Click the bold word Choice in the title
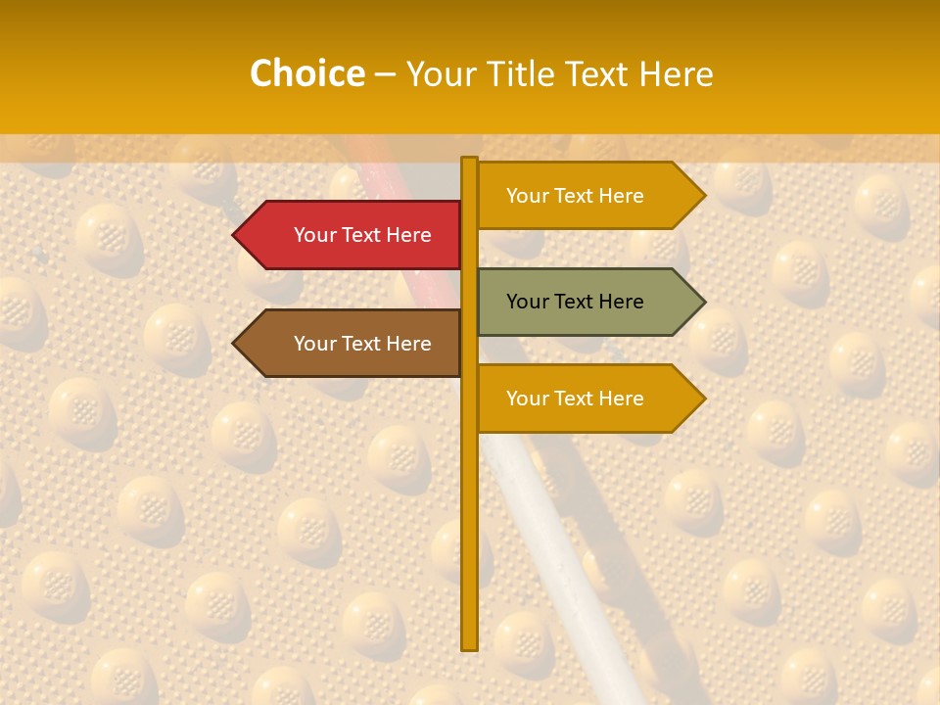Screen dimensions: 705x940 (306, 73)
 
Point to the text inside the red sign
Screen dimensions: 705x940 (362, 235)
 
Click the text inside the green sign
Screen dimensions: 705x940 (575, 302)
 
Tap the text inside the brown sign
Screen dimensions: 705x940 (362, 344)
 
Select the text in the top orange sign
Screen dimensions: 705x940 (575, 196)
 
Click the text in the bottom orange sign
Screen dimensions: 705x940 (575, 399)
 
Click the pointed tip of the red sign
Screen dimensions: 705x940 (236, 235)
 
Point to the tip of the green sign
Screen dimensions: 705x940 (702, 302)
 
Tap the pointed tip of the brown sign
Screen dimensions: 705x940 (236, 344)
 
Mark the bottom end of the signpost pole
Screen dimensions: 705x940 (470, 646)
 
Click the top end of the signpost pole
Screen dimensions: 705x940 (470, 160)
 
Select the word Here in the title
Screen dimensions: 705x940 (677, 73)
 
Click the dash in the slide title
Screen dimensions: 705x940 (385, 74)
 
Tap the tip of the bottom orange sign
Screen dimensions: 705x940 (702, 399)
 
